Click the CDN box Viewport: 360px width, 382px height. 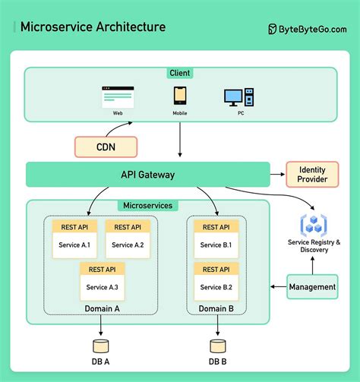tap(106, 146)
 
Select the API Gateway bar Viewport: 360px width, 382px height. tap(147, 175)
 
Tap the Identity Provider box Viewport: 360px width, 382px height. tap(311, 174)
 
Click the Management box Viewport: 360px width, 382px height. tap(312, 286)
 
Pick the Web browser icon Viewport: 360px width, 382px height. tap(118, 96)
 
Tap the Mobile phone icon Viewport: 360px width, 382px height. tap(179, 96)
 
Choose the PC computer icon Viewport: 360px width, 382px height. tap(238, 97)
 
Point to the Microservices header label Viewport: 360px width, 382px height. tap(147, 206)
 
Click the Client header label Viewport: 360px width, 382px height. tap(180, 74)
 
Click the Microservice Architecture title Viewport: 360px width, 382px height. tap(92, 28)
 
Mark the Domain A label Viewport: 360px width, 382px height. tap(102, 308)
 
